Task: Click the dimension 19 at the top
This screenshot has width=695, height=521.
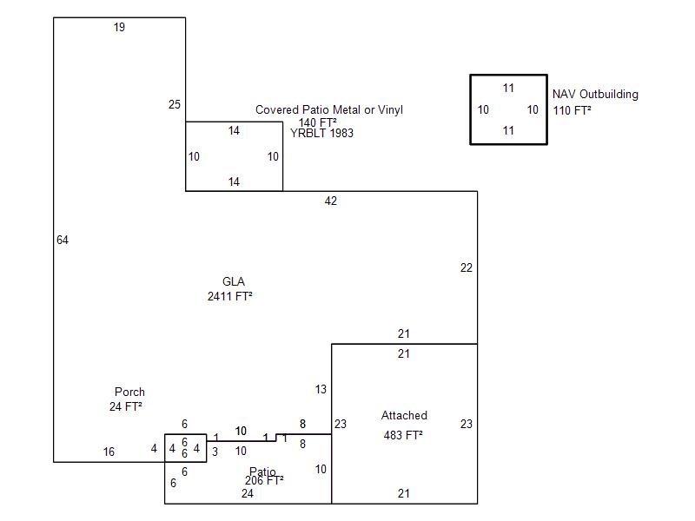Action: point(119,28)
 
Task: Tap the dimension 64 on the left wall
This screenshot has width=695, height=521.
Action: point(63,240)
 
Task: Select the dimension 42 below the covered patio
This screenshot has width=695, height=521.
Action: point(330,201)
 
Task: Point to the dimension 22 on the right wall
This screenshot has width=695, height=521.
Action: point(467,268)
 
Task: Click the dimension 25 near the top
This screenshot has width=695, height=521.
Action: point(175,105)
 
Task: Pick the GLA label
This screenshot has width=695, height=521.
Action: point(234,281)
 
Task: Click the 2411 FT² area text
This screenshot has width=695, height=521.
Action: point(229,296)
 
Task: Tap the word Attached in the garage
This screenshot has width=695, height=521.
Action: point(404,416)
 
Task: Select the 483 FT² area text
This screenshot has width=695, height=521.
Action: point(403,435)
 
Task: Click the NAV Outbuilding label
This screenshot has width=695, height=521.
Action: point(595,95)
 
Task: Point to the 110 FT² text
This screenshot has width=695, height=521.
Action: point(572,110)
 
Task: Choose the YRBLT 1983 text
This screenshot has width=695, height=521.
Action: point(321,134)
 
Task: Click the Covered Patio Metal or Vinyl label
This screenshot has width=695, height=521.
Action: point(328,110)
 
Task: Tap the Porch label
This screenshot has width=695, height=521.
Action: point(129,392)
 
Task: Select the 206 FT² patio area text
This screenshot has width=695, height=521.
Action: point(264,480)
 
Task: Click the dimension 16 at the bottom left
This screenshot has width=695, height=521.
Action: point(109,452)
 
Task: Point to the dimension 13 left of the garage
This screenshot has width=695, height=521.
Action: point(321,390)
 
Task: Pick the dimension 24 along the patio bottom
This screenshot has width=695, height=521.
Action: point(248,493)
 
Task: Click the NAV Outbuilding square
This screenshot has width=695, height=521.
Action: point(508,109)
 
